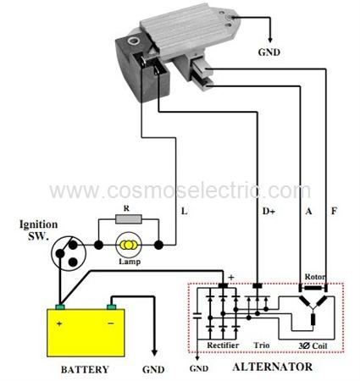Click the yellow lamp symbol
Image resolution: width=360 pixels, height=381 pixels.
129,245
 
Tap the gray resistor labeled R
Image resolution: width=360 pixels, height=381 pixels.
129,219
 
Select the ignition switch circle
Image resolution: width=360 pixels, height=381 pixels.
69,253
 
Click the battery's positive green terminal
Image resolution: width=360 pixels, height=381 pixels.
60,307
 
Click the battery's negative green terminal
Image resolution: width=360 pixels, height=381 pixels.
111,307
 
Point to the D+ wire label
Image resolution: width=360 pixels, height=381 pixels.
269,211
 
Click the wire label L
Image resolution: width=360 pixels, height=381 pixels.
184,211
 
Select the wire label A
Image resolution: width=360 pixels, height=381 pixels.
308,211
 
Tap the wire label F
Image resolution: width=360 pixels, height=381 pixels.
334,211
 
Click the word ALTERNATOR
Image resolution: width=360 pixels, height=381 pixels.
273,367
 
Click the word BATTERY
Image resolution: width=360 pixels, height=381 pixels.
85,369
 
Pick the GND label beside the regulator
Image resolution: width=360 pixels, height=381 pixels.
269,52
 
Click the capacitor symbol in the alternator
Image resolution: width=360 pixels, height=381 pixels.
197,316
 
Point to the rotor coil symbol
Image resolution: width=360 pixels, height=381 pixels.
313,288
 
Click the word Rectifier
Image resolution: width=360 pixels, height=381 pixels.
223,345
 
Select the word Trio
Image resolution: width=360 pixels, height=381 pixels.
262,345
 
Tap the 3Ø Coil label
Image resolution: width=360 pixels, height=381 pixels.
313,345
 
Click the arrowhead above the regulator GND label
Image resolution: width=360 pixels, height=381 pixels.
270,40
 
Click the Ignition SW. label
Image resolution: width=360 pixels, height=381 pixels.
39,230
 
